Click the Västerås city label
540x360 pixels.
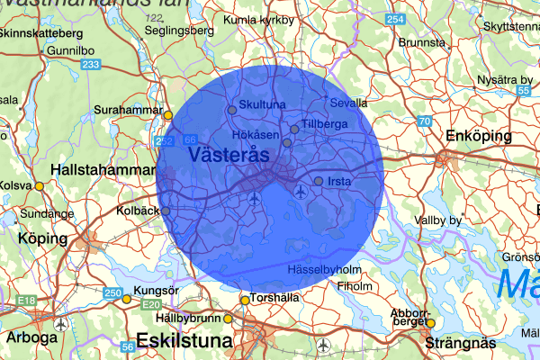click(230, 155)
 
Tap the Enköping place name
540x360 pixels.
click(476, 136)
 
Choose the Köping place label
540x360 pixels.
click(42, 239)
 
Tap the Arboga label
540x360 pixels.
click(31, 338)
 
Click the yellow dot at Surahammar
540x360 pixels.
click(167, 114)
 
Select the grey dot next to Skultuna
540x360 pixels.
click(232, 110)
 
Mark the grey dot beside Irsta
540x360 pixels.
click(318, 181)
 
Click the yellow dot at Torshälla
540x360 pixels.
click(244, 301)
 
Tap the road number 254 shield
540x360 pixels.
click(394, 19)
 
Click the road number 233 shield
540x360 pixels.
click(90, 65)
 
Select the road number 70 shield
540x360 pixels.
click(424, 121)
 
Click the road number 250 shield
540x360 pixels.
click(112, 292)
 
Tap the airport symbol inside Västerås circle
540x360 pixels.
click(256, 197)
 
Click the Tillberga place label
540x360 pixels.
click(324, 123)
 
